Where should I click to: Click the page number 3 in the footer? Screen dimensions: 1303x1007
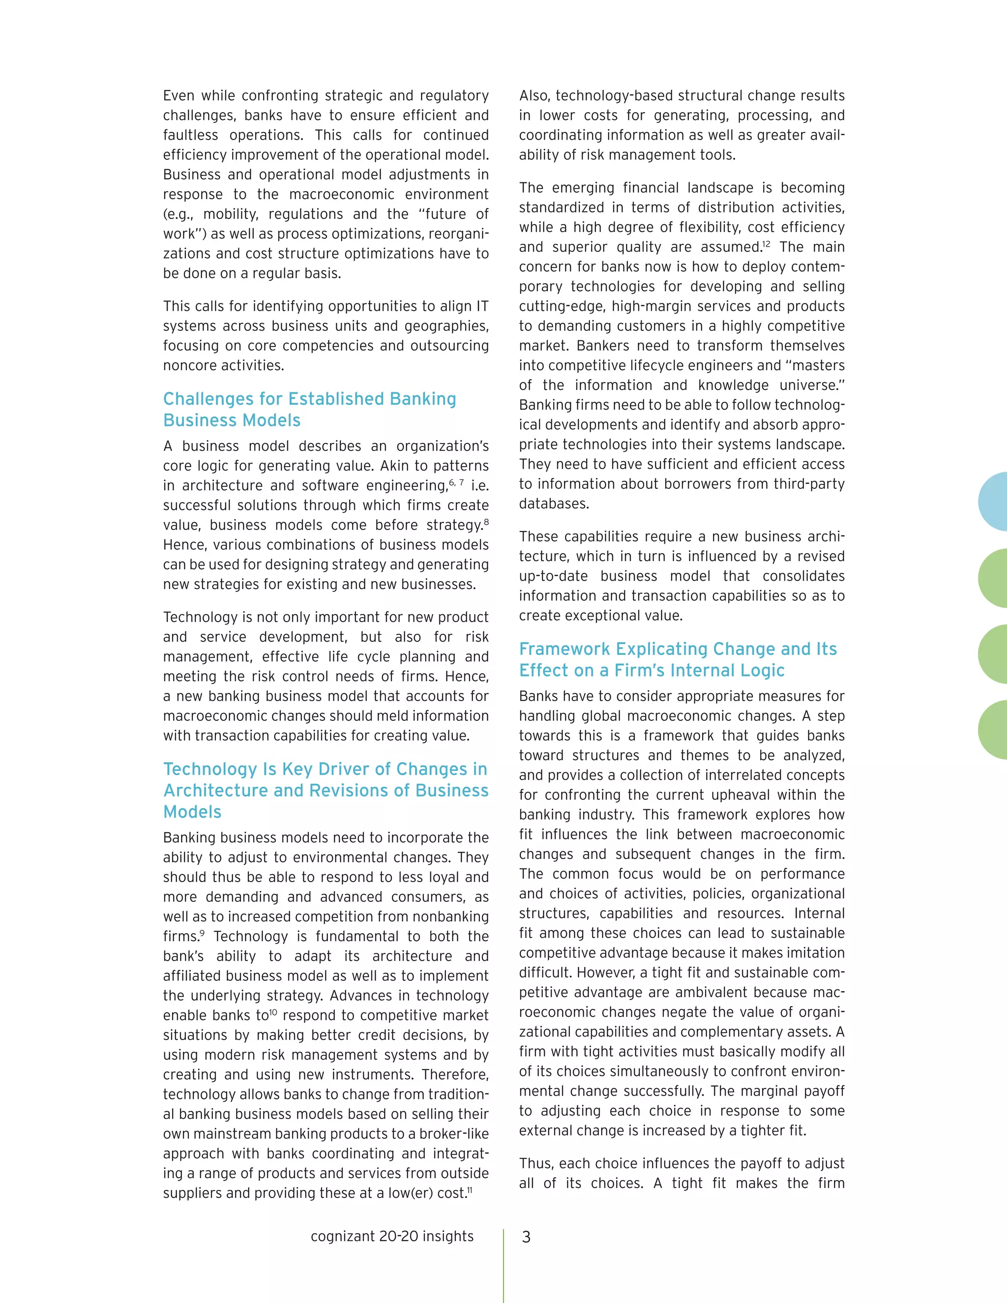point(526,1237)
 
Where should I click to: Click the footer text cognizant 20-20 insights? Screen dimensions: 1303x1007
point(392,1236)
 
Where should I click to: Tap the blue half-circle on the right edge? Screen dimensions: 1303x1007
point(994,501)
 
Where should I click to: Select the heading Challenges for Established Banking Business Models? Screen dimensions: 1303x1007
point(310,409)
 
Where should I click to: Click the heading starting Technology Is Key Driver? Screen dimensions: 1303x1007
point(326,790)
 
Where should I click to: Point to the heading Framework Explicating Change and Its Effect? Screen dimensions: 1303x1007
point(678,659)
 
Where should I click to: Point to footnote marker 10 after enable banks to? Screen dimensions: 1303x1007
point(273,1012)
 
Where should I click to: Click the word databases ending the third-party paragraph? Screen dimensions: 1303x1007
point(554,504)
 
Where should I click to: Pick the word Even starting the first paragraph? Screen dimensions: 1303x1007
point(178,95)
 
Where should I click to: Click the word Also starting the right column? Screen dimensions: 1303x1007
point(534,95)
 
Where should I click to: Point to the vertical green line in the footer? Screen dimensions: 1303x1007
point(503,1265)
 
